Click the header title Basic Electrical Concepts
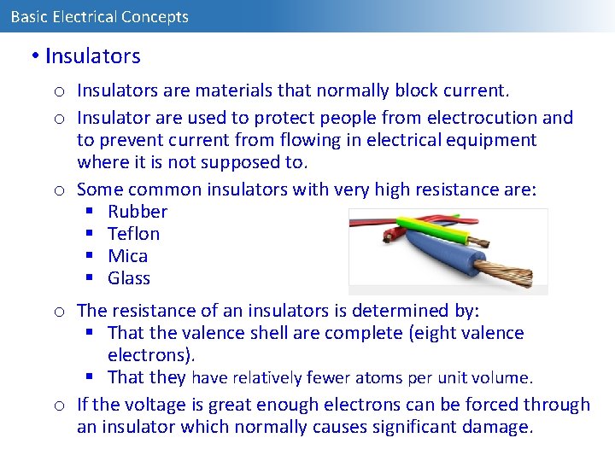click(x=99, y=16)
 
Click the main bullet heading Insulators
click(x=92, y=56)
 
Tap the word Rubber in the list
click(x=138, y=212)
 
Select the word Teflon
click(x=133, y=234)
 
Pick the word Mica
click(x=127, y=256)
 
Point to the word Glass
click(x=129, y=278)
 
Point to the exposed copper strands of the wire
click(x=505, y=273)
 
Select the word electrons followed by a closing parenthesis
click(x=147, y=355)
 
